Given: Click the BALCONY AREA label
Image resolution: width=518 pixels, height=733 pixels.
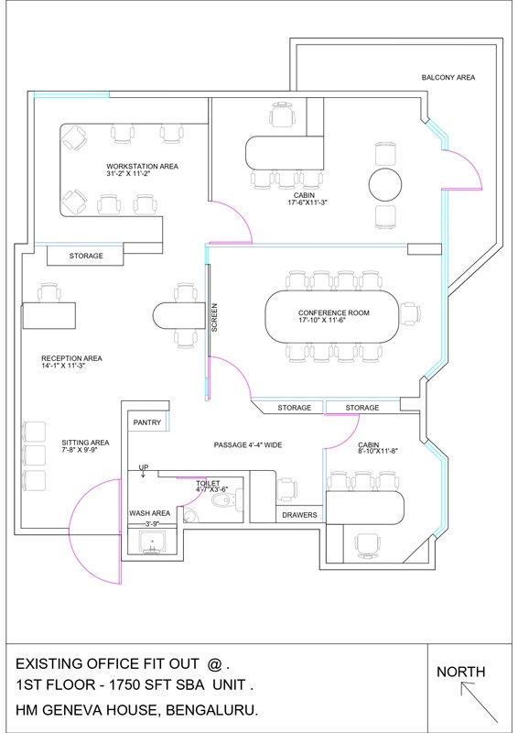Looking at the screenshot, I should (448, 78).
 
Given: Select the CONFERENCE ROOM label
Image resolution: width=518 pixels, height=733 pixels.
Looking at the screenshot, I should (333, 313).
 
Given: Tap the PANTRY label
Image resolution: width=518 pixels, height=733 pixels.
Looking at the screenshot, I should (147, 422).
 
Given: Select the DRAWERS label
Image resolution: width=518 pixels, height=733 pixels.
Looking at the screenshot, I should (299, 515).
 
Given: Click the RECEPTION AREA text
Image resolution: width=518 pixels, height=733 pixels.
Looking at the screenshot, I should (71, 358).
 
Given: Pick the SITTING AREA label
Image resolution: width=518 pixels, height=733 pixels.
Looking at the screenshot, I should (85, 443).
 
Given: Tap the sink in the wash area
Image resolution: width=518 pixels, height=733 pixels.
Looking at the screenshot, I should (153, 545).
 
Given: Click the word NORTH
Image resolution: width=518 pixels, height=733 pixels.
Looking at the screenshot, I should (460, 673).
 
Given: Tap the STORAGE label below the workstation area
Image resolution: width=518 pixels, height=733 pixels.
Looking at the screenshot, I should (86, 256).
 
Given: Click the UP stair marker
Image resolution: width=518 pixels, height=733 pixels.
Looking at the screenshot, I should (144, 467).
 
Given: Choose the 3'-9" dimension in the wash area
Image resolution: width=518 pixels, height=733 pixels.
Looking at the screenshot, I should (152, 524).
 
